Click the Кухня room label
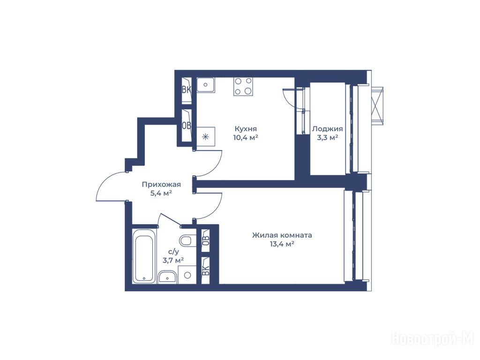[246, 129]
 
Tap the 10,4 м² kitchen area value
[246, 137]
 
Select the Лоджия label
[327, 129]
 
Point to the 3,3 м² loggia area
[327, 138]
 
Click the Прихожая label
[161, 185]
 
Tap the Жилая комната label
[282, 235]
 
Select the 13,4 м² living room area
[282, 244]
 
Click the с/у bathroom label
[173, 252]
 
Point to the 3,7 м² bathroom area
[173, 261]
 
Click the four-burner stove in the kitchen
[243, 86]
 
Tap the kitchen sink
[206, 85]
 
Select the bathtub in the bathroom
[144, 256]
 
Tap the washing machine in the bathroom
[187, 275]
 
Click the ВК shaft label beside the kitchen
[187, 90]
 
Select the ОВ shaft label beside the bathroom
[206, 239]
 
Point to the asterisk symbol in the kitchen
[206, 136]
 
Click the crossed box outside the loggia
[377, 106]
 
